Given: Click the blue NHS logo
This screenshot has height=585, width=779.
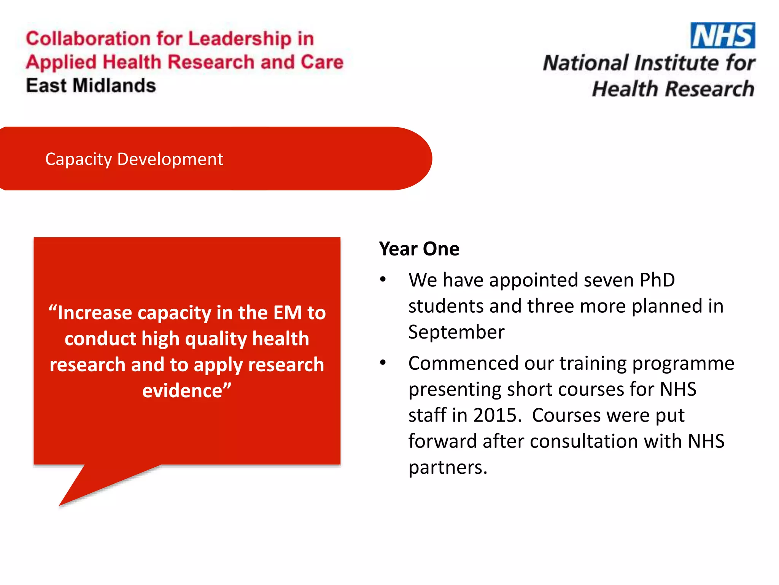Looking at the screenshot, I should (x=722, y=35).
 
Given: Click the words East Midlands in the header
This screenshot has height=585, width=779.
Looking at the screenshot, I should (x=91, y=85).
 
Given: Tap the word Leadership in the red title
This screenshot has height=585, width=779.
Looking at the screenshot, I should (x=240, y=39).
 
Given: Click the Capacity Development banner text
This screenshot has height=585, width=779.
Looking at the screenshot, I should (x=134, y=159).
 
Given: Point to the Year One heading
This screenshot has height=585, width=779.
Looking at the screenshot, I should (x=419, y=249).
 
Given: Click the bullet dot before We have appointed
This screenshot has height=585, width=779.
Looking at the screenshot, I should (x=383, y=280).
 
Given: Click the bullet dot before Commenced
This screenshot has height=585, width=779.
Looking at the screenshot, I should (x=383, y=363).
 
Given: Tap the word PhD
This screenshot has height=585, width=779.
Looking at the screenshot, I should (x=657, y=280).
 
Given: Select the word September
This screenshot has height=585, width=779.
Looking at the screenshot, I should (x=456, y=332).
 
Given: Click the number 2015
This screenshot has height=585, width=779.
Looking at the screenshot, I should (x=497, y=415).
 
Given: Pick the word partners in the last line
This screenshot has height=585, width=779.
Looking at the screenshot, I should (x=448, y=467).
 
